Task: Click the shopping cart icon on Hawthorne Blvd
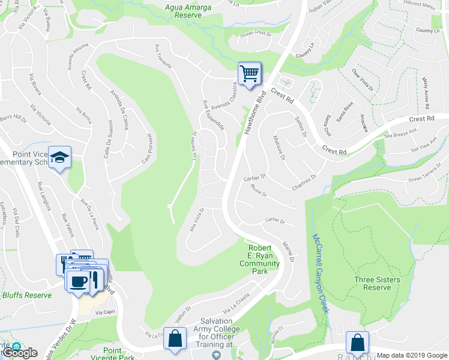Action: click(250, 74)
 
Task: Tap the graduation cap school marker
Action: click(59, 158)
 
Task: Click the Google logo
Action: click(20, 353)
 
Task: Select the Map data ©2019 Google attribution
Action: click(411, 355)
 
